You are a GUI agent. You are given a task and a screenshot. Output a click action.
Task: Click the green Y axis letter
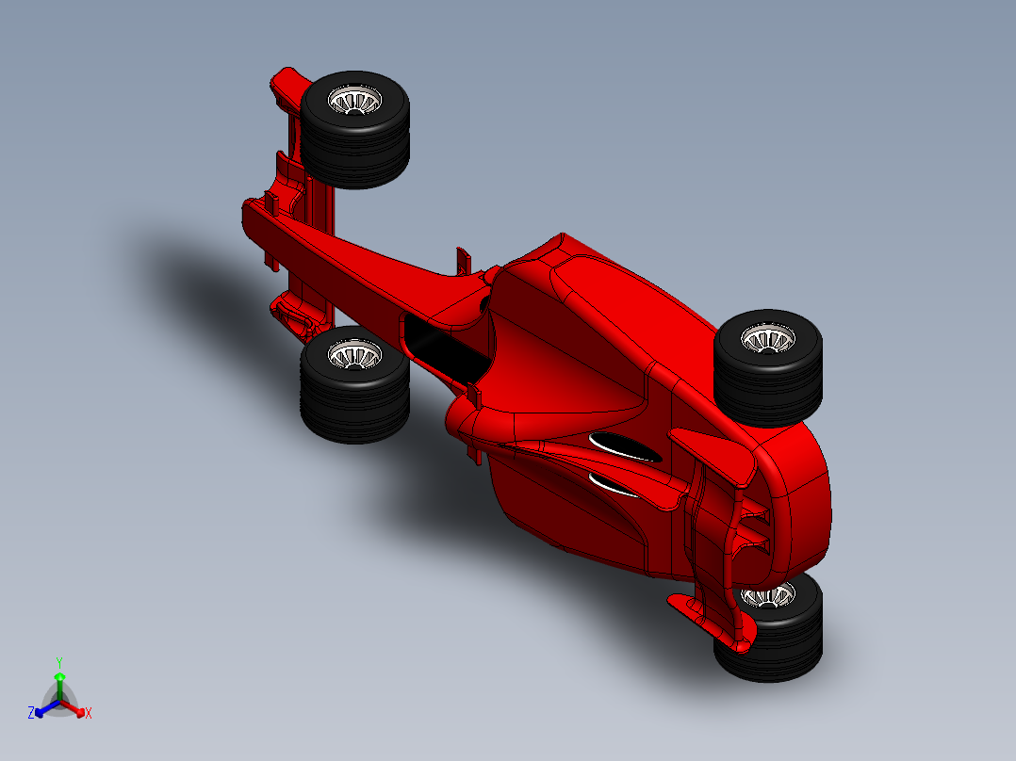(58, 662)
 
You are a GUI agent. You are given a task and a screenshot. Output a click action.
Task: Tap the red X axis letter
(89, 714)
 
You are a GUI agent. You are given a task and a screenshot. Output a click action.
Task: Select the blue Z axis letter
(31, 714)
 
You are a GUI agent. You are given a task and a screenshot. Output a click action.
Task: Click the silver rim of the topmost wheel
(355, 99)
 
